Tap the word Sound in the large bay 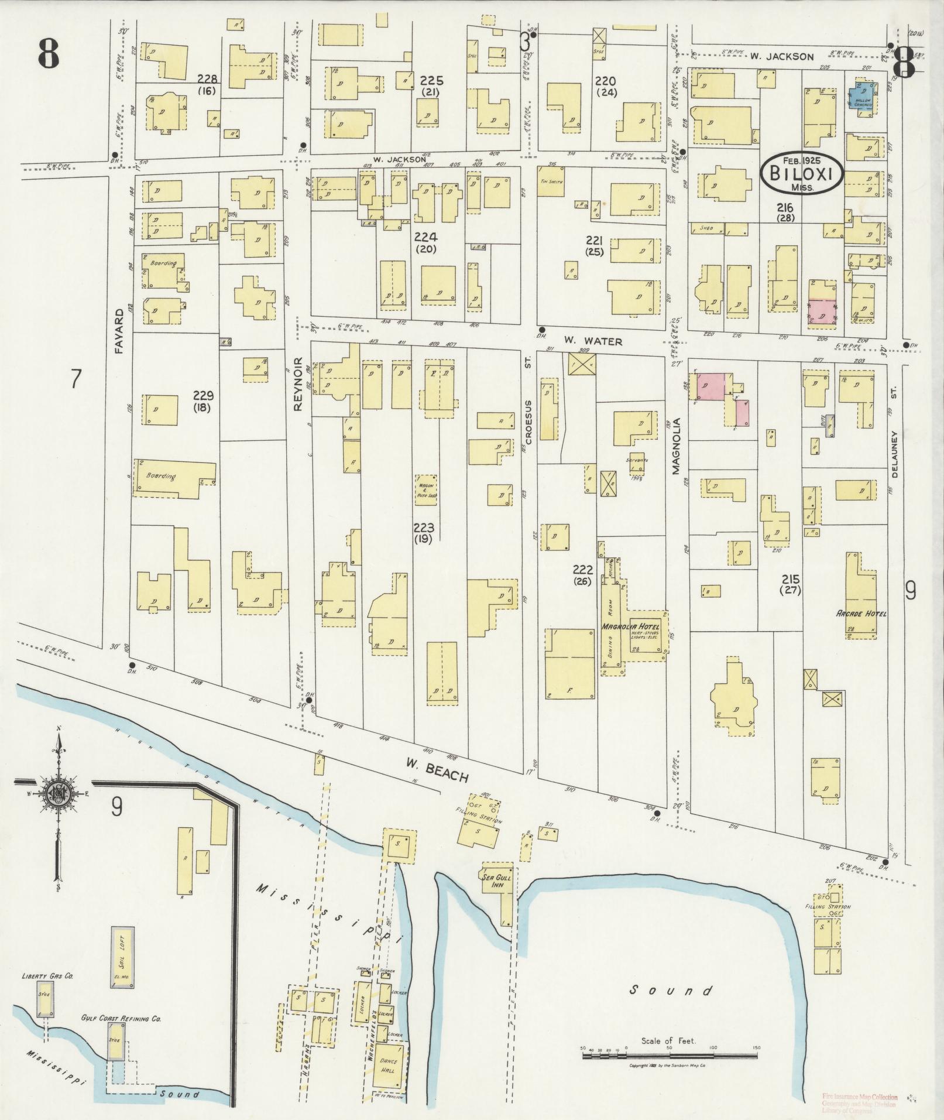[x=671, y=991]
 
